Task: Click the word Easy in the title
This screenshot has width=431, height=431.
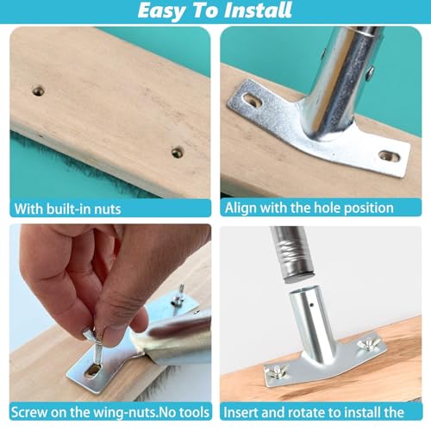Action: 161,11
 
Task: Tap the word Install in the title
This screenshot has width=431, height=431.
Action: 258,10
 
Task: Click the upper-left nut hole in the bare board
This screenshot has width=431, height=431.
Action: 38,91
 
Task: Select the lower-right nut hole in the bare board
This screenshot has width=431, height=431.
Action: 178,153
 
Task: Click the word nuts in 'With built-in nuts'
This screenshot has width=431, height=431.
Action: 108,209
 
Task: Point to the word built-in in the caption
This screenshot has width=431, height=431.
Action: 68,209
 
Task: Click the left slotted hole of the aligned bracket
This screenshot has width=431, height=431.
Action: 252,100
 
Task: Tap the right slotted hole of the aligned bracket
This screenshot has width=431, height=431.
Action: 390,156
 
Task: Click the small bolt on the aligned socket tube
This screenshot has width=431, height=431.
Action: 370,72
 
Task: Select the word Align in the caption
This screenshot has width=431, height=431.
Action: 240,209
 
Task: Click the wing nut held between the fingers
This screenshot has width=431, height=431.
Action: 91,335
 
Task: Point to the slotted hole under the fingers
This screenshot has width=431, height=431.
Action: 92,370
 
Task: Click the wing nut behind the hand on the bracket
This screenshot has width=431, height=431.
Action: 178,299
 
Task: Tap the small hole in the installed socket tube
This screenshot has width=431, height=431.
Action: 312,304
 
